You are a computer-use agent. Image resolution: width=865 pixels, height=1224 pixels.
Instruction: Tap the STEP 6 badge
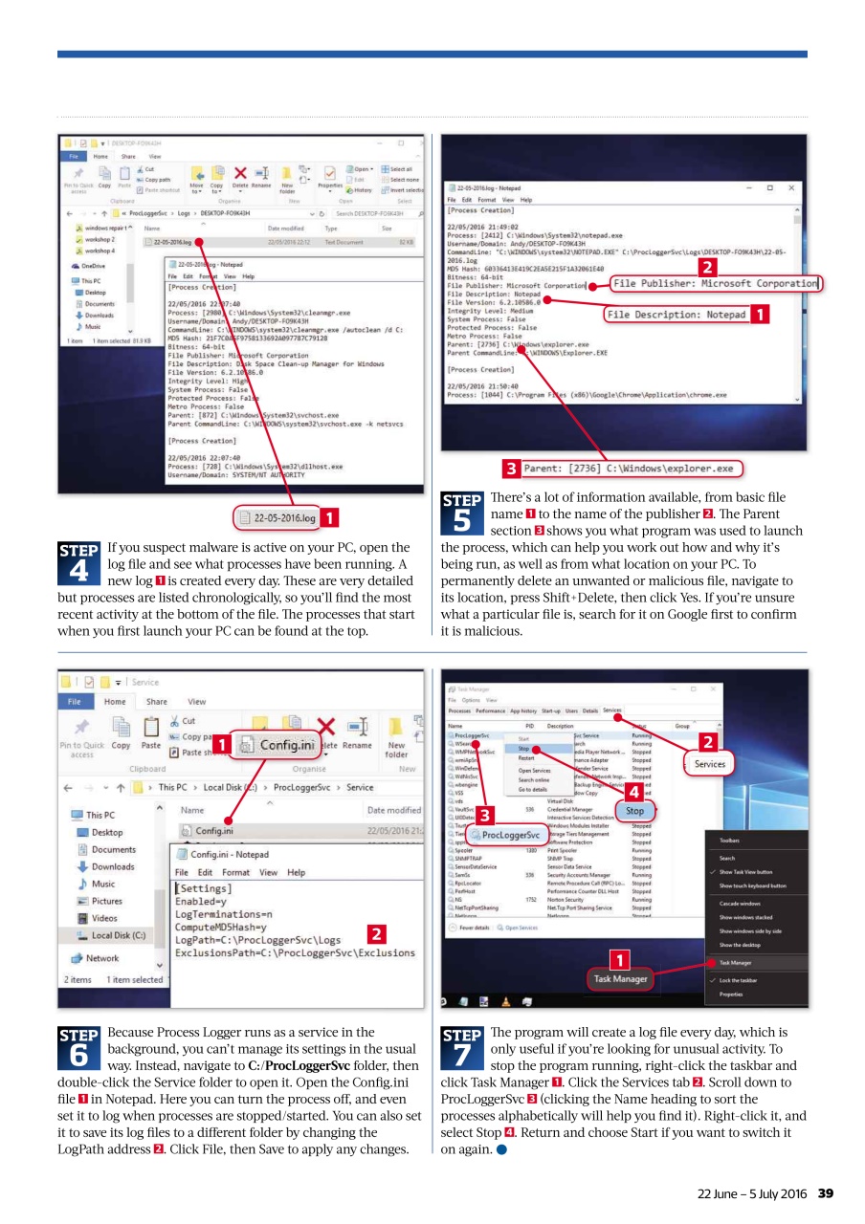click(x=79, y=1047)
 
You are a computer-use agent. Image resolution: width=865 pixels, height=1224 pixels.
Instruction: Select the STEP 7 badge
click(x=461, y=1047)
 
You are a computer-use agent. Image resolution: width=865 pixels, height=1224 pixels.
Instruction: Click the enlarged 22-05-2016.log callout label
click(x=277, y=519)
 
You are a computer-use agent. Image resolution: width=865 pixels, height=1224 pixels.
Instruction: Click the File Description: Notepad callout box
click(x=676, y=314)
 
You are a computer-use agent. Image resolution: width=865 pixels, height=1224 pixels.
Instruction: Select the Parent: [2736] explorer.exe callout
click(x=632, y=469)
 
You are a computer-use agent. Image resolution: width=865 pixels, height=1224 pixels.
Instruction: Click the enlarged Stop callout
click(x=634, y=811)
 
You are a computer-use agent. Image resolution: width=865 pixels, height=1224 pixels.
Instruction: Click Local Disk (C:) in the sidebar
click(x=117, y=935)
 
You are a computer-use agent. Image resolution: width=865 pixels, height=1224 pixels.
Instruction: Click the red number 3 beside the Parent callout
click(x=512, y=469)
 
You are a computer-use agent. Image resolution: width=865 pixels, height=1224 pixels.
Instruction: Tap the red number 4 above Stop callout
click(x=632, y=791)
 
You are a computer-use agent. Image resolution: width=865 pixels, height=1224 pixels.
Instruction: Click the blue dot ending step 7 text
click(x=499, y=1149)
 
